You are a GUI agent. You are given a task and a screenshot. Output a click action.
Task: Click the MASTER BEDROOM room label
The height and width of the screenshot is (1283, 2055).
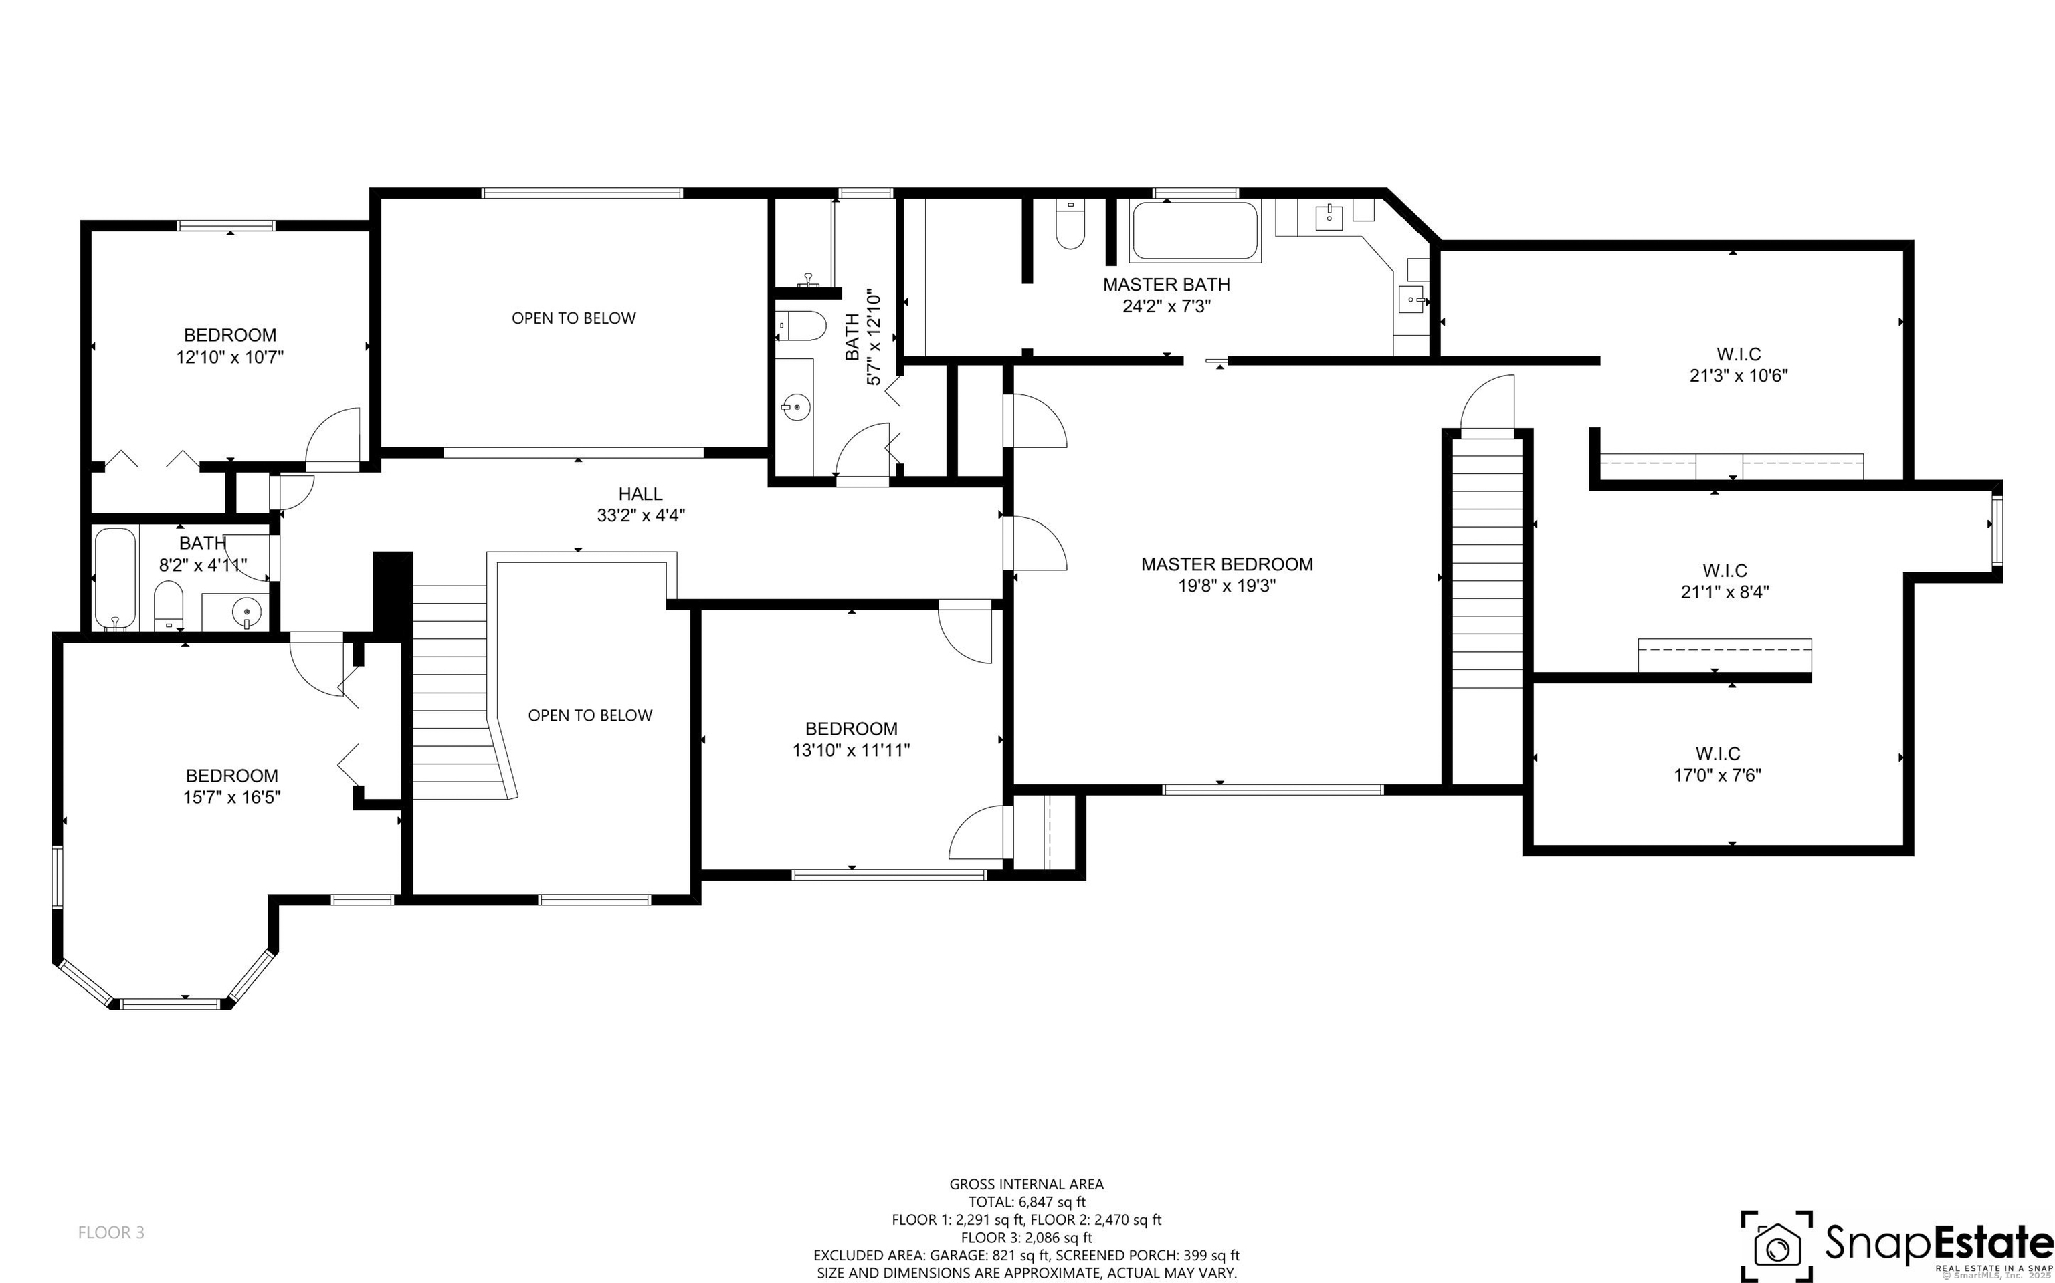pyautogui.click(x=1227, y=564)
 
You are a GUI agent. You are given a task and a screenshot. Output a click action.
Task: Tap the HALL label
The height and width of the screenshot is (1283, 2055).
pyautogui.click(x=640, y=494)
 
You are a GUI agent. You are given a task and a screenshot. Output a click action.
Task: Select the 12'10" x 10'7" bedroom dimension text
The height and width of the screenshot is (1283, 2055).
pyautogui.click(x=229, y=357)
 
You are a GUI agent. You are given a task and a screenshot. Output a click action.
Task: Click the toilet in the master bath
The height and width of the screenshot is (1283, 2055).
pyautogui.click(x=1070, y=223)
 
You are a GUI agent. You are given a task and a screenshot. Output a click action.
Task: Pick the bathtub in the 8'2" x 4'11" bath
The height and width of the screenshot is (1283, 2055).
pyautogui.click(x=116, y=579)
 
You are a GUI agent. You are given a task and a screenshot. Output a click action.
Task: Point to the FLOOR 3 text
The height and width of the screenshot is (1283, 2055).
pyautogui.click(x=111, y=1232)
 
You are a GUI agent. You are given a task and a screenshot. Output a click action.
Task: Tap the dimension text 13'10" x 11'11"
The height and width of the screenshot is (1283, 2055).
pyautogui.click(x=852, y=750)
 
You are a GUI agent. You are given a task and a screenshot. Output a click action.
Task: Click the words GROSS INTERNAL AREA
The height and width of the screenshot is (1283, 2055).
pyautogui.click(x=1026, y=1184)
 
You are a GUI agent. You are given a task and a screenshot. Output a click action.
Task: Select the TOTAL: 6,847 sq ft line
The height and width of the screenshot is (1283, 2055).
pyautogui.click(x=1027, y=1201)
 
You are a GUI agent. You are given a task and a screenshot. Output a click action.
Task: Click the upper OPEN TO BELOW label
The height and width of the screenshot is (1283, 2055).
pyautogui.click(x=574, y=318)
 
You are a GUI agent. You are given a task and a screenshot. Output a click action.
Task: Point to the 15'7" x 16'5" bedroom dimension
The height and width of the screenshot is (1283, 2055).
pyautogui.click(x=231, y=797)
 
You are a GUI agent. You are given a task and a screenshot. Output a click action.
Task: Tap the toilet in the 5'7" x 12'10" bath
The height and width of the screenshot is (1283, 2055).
pyautogui.click(x=802, y=326)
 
